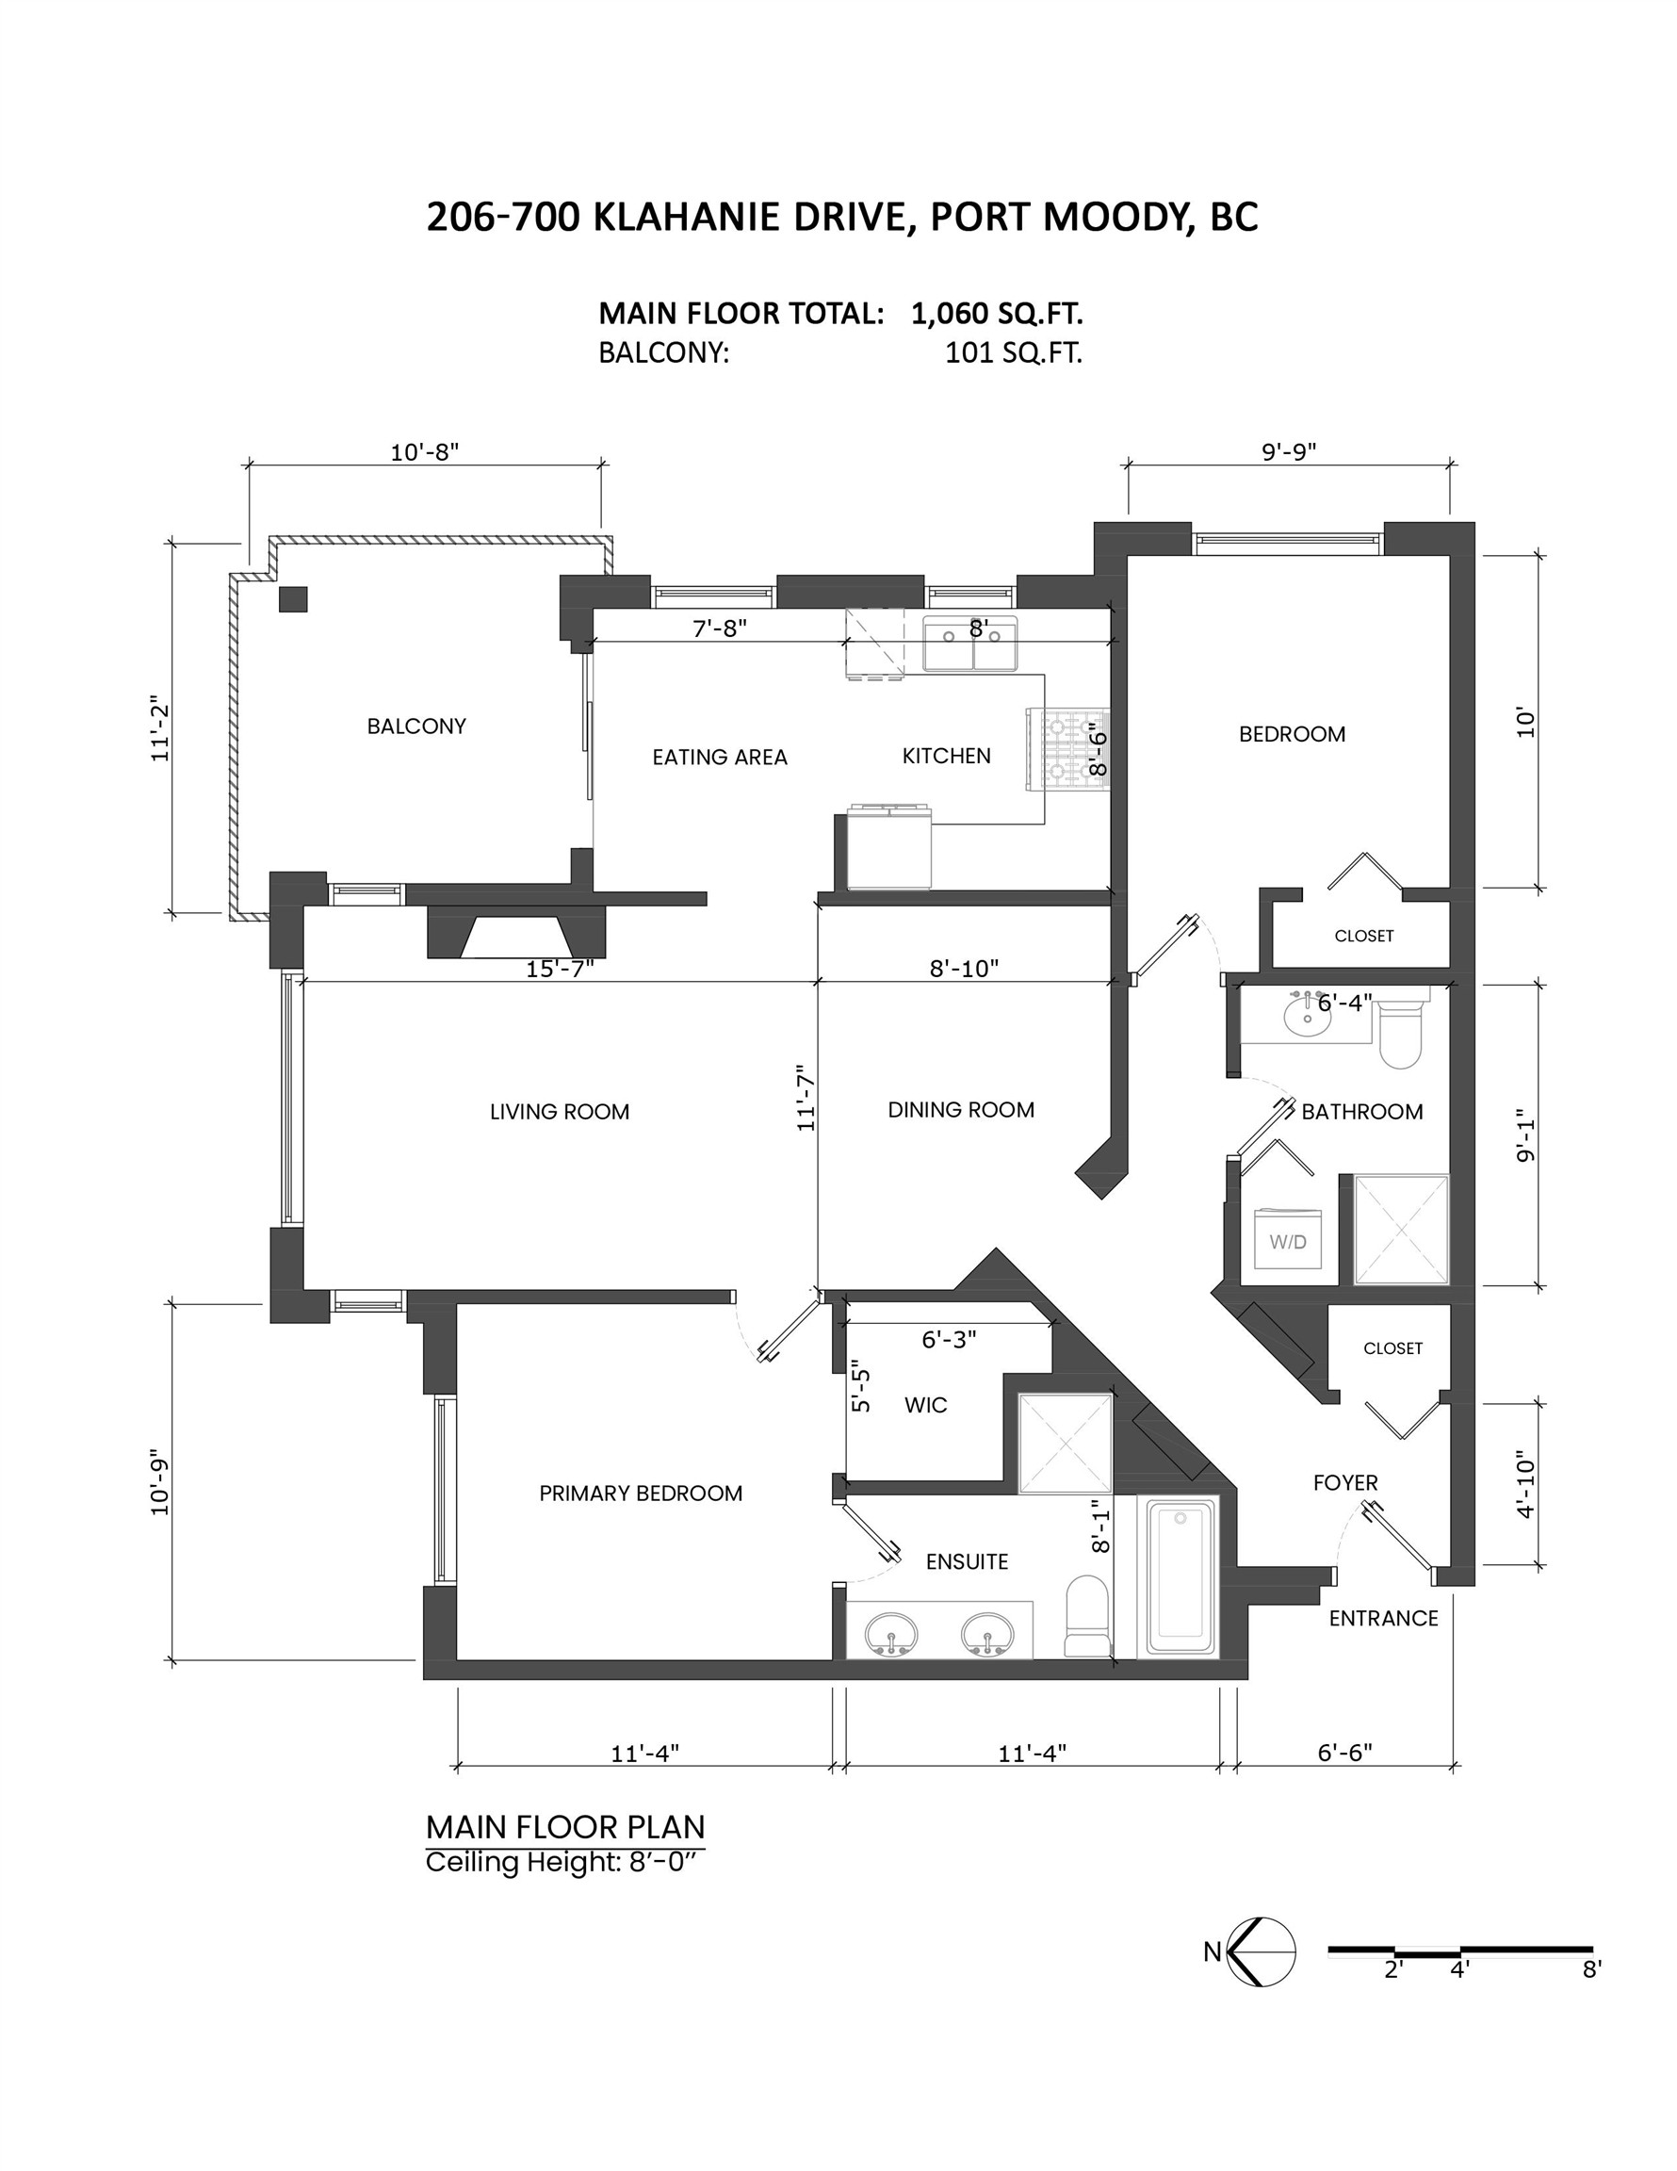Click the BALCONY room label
pyautogui.click(x=416, y=726)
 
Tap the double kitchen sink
pyautogui.click(x=969, y=645)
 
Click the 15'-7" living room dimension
pyautogui.click(x=560, y=969)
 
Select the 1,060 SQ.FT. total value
pyautogui.click(x=996, y=314)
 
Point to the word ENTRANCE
pyautogui.click(x=1383, y=1618)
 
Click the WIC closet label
pyautogui.click(x=925, y=1406)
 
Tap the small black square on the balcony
pyautogui.click(x=292, y=599)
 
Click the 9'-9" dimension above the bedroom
pyautogui.click(x=1288, y=452)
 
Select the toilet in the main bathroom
pyautogui.click(x=1402, y=1034)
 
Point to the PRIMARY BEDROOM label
pyautogui.click(x=641, y=1494)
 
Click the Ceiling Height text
pyautogui.click(x=564, y=1862)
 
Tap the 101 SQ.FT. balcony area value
pyautogui.click(x=1013, y=354)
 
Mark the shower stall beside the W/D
pyautogui.click(x=1402, y=1231)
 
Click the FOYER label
pyautogui.click(x=1345, y=1483)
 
